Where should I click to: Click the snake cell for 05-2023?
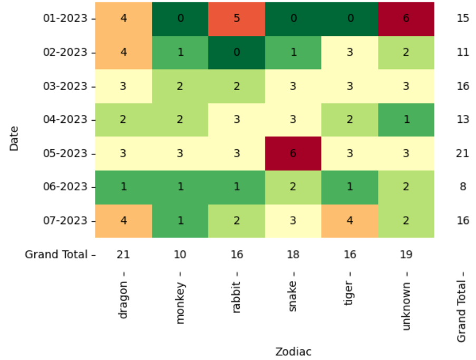(x=293, y=153)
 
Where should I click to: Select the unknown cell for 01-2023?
(x=406, y=19)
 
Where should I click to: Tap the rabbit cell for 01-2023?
(x=237, y=19)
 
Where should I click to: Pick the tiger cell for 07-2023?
(x=349, y=220)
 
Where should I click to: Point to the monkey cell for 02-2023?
(x=180, y=53)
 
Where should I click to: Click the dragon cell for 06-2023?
(x=123, y=187)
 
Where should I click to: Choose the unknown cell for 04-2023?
(x=406, y=120)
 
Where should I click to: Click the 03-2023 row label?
(x=66, y=86)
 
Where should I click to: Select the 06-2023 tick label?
(x=66, y=187)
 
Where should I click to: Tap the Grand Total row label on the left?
(x=56, y=255)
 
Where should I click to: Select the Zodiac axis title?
(x=293, y=352)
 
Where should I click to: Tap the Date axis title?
(x=14, y=138)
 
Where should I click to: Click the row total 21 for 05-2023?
(x=463, y=153)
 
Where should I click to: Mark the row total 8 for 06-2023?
(x=463, y=187)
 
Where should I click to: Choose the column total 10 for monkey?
(x=180, y=255)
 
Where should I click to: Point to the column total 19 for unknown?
(x=406, y=255)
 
